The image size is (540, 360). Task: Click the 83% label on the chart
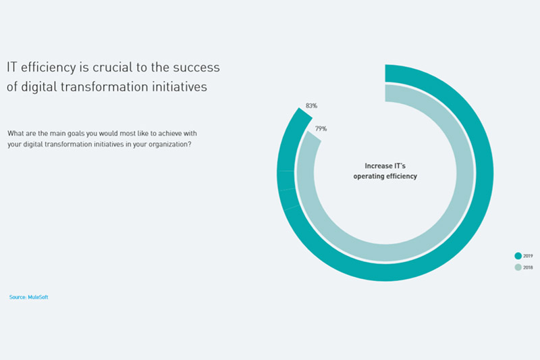(x=311, y=106)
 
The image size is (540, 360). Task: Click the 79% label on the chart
(x=321, y=129)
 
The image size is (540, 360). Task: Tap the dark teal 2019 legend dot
(x=518, y=255)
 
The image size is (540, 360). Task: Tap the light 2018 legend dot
(x=518, y=267)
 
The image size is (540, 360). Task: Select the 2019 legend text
(x=528, y=256)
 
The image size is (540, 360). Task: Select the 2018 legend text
(x=528, y=267)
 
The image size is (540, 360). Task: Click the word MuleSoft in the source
(x=38, y=297)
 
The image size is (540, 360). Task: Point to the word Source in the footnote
(x=18, y=297)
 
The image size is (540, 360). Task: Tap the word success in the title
(x=196, y=68)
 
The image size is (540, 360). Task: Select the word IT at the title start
(x=11, y=67)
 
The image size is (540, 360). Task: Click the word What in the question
(x=14, y=133)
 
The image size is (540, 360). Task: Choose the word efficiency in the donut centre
(x=402, y=176)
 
